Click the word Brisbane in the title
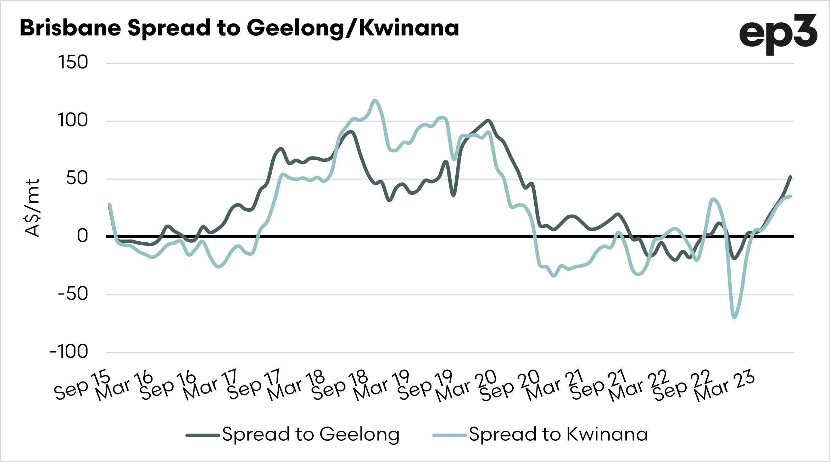coord(70,28)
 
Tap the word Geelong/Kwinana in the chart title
coord(352,28)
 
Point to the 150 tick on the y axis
coord(73,62)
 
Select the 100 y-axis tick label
coord(72,120)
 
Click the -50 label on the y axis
coord(73,294)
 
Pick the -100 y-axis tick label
coord(69,352)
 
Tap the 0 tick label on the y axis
coord(82,236)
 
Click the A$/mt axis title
coord(32,208)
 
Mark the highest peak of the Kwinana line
coord(375,100)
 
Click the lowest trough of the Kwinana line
coord(734,317)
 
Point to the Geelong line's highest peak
coord(488,121)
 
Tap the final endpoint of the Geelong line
coord(790,177)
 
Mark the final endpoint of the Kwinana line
coord(790,196)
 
